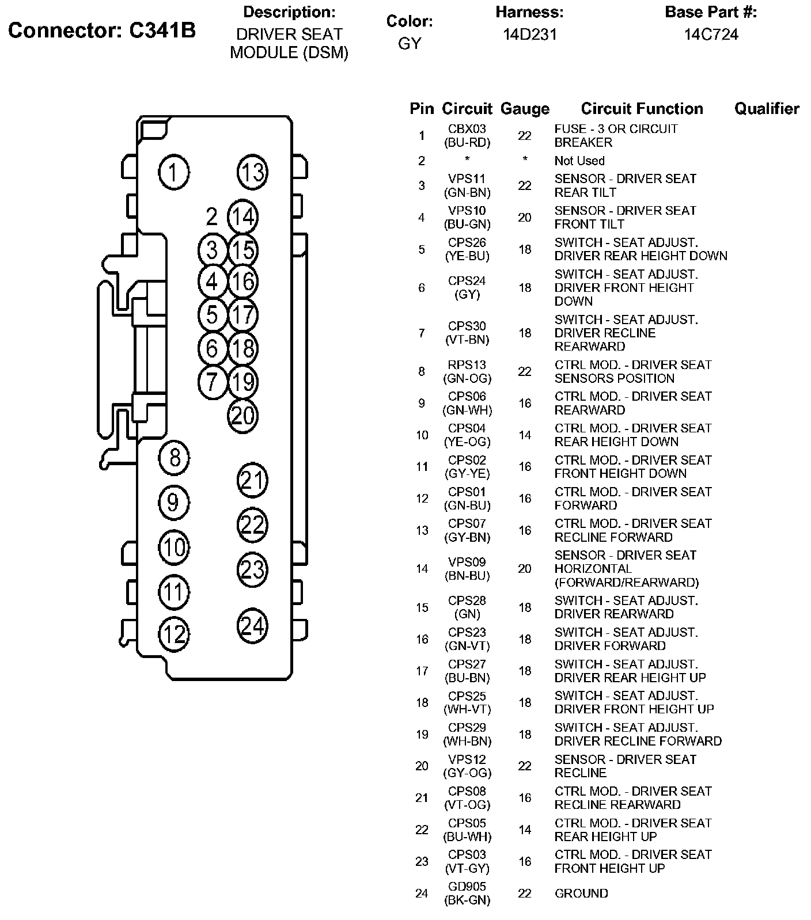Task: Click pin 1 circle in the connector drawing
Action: [173, 172]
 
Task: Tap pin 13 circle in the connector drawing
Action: [252, 172]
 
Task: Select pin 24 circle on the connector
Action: [252, 625]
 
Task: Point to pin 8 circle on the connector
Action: [173, 458]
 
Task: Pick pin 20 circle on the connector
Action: [243, 416]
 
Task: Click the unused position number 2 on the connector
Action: [212, 217]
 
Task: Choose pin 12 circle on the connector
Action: [173, 634]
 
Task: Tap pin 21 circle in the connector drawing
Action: [252, 480]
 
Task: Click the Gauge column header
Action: [525, 109]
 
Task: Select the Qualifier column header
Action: [767, 109]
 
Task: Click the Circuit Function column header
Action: [642, 109]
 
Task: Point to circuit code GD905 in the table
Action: [467, 887]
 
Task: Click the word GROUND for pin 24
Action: [581, 894]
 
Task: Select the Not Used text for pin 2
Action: [579, 161]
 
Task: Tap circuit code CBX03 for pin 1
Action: [467, 129]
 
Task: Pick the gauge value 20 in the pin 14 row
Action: [525, 569]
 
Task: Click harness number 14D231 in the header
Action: [530, 35]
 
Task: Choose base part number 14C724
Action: [711, 35]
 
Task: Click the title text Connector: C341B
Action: [102, 31]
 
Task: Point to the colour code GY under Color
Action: [410, 44]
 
